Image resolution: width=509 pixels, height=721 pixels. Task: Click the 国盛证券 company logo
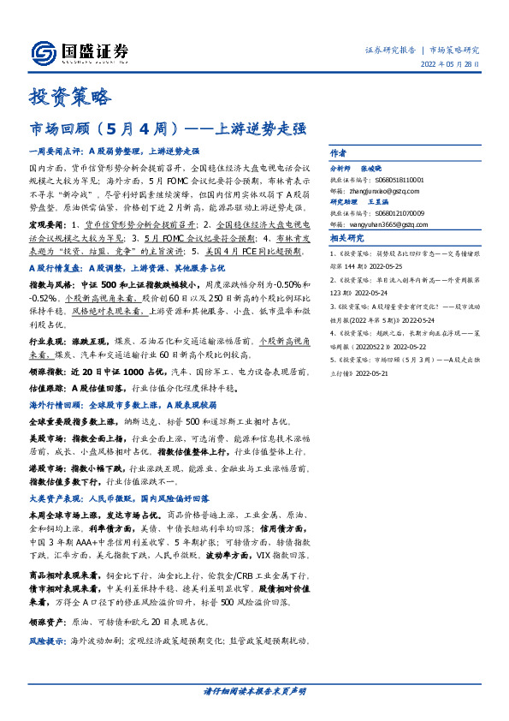pyautogui.click(x=78, y=51)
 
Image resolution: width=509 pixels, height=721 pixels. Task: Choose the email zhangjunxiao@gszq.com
pyautogui.click(x=378, y=192)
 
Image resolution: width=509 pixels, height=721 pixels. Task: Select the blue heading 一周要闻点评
pyautogui.click(x=56, y=150)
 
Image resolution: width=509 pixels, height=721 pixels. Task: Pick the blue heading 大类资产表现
pyautogui.click(x=56, y=498)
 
